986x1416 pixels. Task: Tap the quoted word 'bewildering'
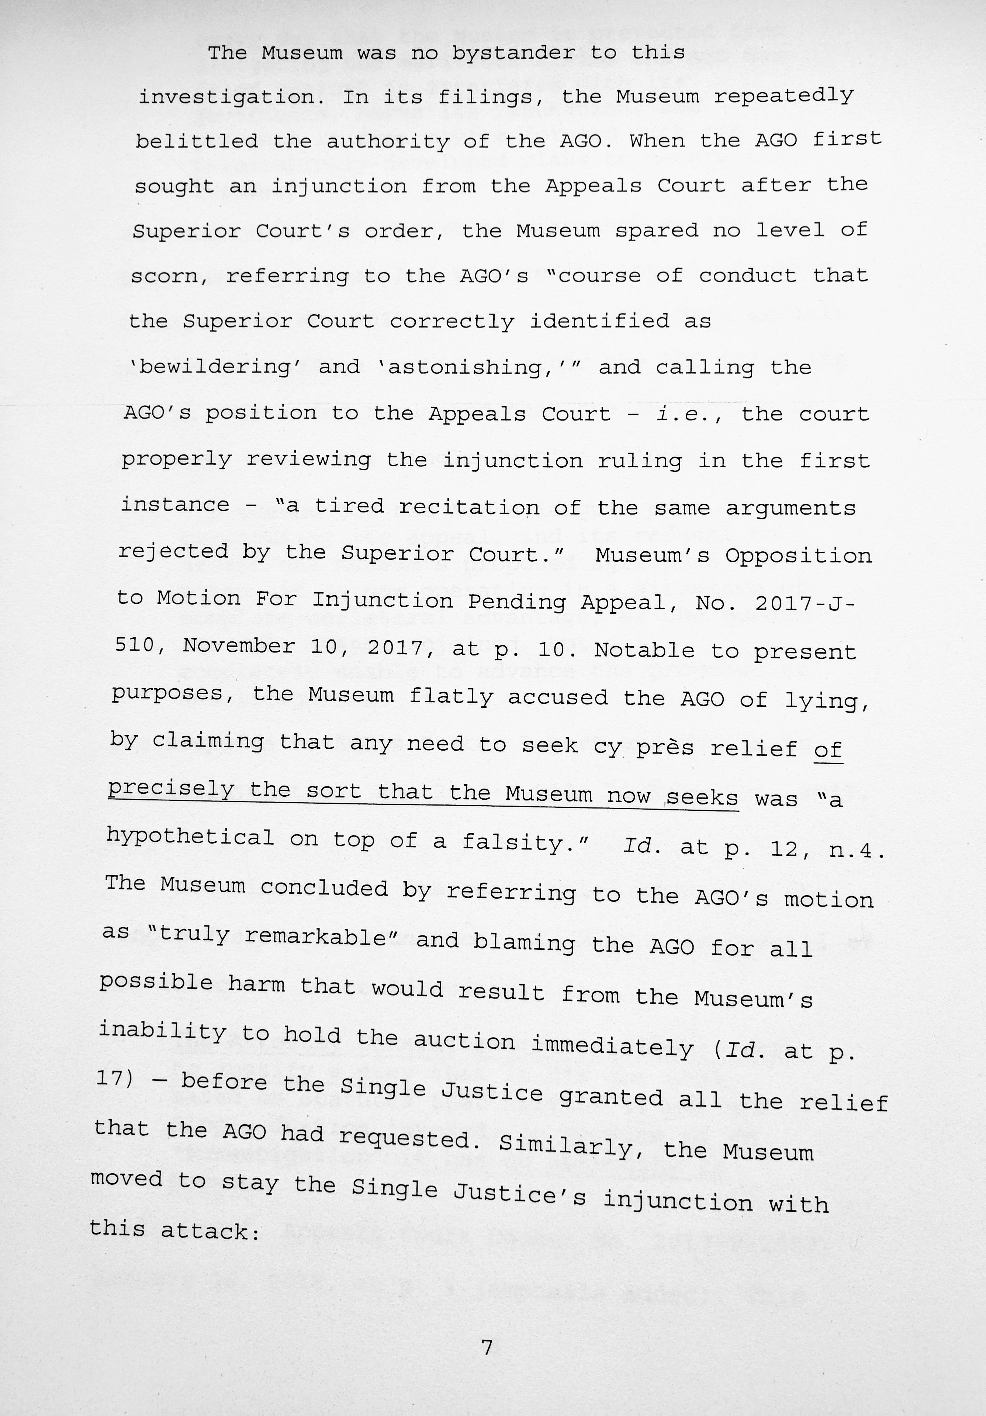click(216, 367)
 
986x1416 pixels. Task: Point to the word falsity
click(524, 842)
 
